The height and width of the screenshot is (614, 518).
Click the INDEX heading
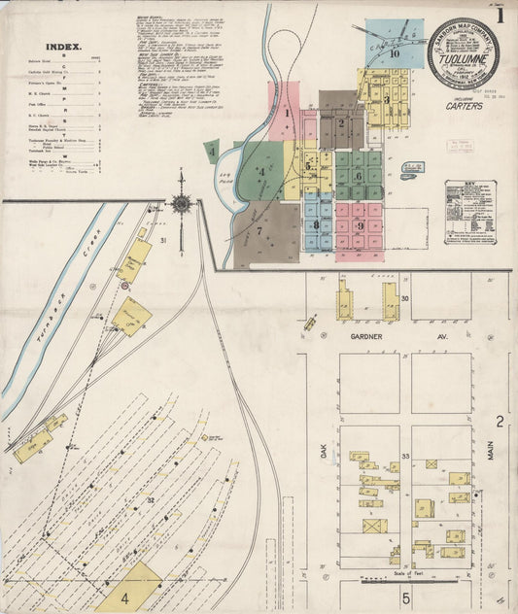65,46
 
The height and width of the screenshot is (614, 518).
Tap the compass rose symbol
181,204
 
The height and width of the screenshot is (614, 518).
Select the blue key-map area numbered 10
395,53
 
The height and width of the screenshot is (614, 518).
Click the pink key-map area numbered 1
288,113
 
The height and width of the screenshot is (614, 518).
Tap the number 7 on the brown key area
259,230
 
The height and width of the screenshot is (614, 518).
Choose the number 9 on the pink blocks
361,226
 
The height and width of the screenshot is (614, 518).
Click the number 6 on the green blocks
359,176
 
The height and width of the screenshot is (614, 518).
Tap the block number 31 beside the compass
163,240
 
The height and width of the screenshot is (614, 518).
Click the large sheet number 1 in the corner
501,16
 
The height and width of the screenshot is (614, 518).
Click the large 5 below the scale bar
407,600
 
